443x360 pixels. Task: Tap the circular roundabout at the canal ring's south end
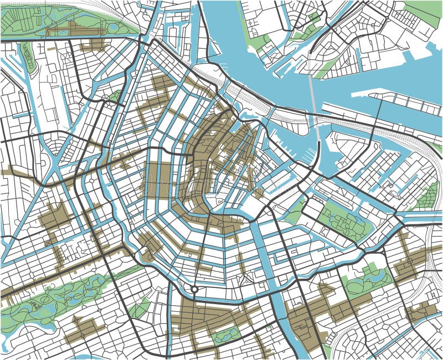pyautogui.click(x=194, y=289)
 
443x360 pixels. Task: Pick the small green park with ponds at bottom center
pyautogui.click(x=226, y=335)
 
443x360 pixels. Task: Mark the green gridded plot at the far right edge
pyautogui.click(x=427, y=197)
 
